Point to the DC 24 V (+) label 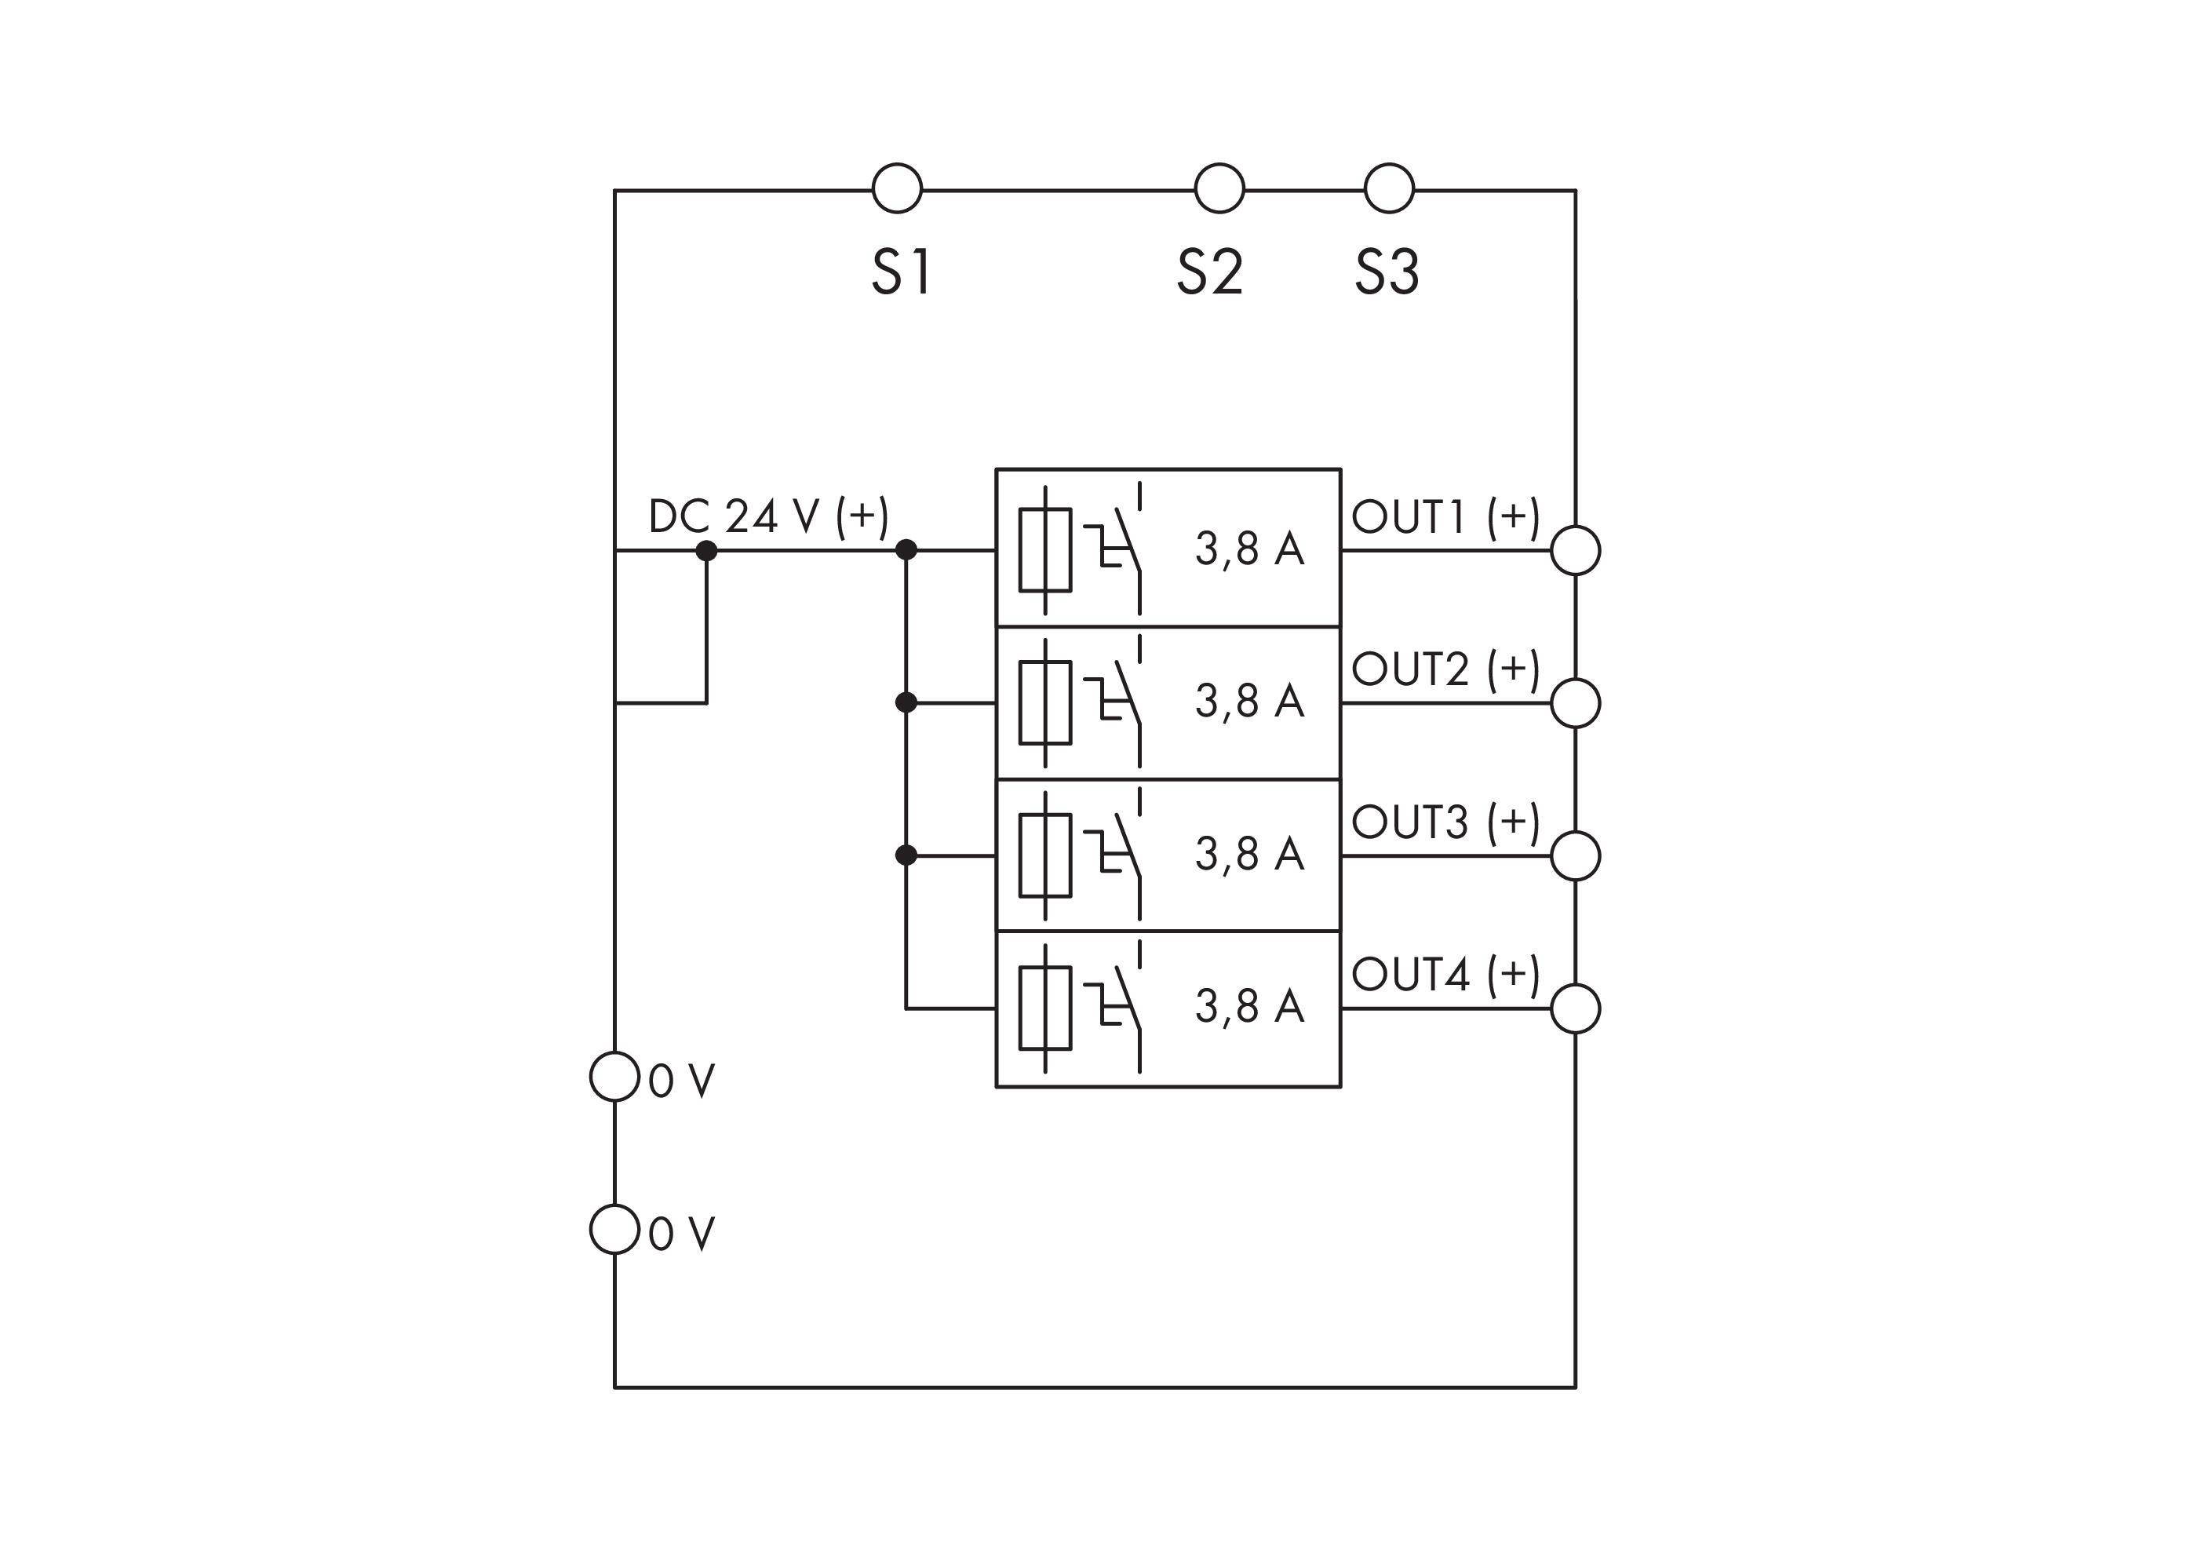point(768,516)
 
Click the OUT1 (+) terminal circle point(1575,550)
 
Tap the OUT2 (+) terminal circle point(1575,702)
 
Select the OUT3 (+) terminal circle point(1575,855)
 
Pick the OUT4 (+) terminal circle point(1575,1008)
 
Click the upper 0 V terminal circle point(614,1077)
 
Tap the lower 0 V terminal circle point(614,1229)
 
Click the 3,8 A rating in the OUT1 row point(1249,549)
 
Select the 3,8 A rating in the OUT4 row point(1249,1007)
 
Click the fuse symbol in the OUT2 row point(1045,702)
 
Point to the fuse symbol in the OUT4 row point(1045,1008)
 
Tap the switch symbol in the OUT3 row point(1117,855)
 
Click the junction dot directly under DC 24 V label point(706,550)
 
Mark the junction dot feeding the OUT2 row point(906,702)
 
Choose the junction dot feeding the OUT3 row point(906,855)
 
